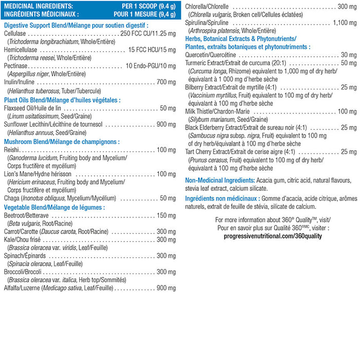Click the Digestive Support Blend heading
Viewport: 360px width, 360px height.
76,25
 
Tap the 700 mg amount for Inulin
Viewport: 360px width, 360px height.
166,82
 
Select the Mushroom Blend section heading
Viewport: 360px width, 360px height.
62,141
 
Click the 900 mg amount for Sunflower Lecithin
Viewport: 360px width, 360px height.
166,124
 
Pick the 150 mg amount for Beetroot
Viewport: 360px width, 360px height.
166,215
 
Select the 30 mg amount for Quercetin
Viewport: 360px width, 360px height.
348,55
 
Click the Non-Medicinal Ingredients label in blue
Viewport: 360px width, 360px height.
220,181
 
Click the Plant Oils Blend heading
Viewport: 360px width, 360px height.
62,100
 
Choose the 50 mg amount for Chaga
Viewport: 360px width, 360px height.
168,198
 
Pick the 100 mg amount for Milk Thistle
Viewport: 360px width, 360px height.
346,112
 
